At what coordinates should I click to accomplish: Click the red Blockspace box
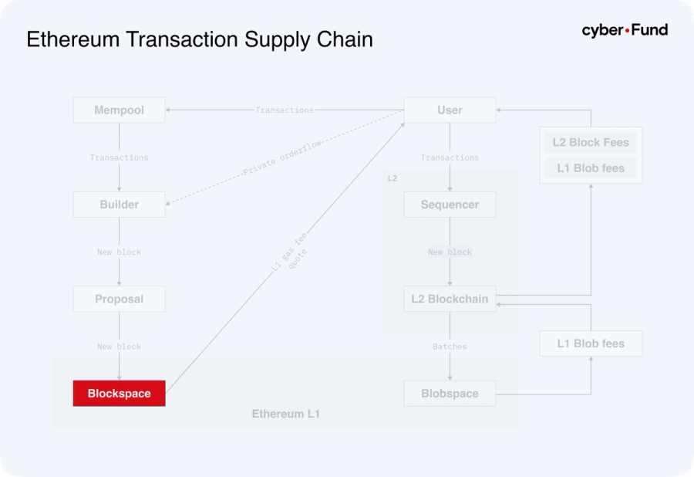point(119,394)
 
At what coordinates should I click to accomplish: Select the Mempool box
point(119,110)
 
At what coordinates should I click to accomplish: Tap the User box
point(450,110)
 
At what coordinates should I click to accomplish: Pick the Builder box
point(119,205)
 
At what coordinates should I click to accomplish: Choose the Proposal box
point(119,299)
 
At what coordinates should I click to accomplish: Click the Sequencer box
point(450,205)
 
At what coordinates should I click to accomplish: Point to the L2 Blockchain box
point(450,299)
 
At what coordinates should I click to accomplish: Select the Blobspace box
point(450,394)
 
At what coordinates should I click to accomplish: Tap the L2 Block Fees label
point(591,143)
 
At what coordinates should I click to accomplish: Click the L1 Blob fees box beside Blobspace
point(591,343)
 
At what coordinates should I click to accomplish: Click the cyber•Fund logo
point(625,31)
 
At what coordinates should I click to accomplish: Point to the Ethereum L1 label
point(285,414)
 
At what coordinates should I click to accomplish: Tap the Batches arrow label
point(450,347)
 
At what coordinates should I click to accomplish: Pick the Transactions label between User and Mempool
point(285,110)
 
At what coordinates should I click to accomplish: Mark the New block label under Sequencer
point(450,252)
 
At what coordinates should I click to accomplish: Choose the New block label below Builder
point(119,252)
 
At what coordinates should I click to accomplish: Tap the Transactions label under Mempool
point(119,157)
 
